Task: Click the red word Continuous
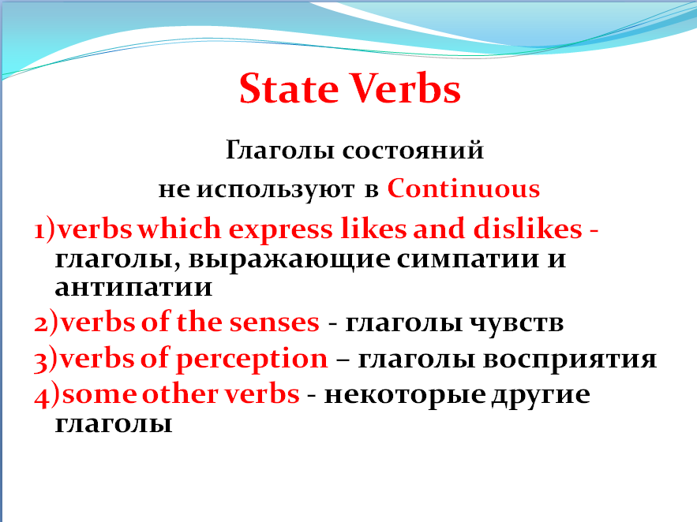coord(464,189)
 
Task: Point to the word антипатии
coord(134,288)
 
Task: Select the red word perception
coord(252,360)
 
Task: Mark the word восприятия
coord(569,360)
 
